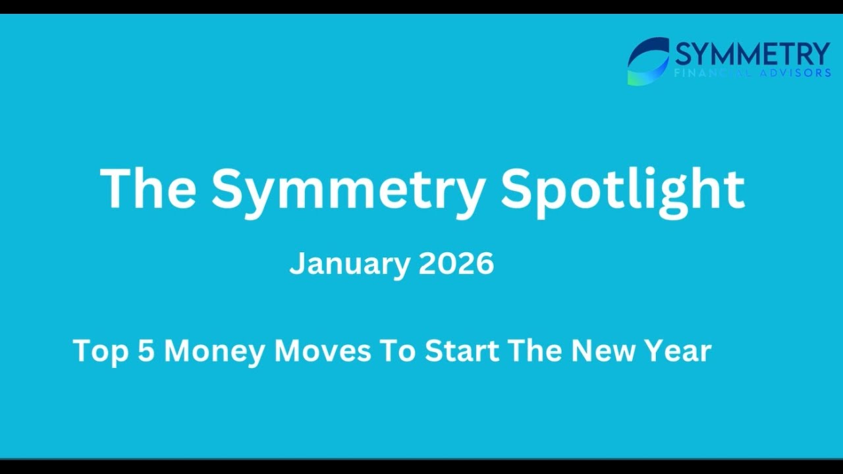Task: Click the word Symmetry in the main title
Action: (348, 189)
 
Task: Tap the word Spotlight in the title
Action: (622, 189)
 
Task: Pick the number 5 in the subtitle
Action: (146, 350)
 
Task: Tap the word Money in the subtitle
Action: (215, 350)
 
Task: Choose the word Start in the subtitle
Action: (461, 350)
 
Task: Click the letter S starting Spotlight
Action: (518, 189)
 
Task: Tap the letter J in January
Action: (297, 265)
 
